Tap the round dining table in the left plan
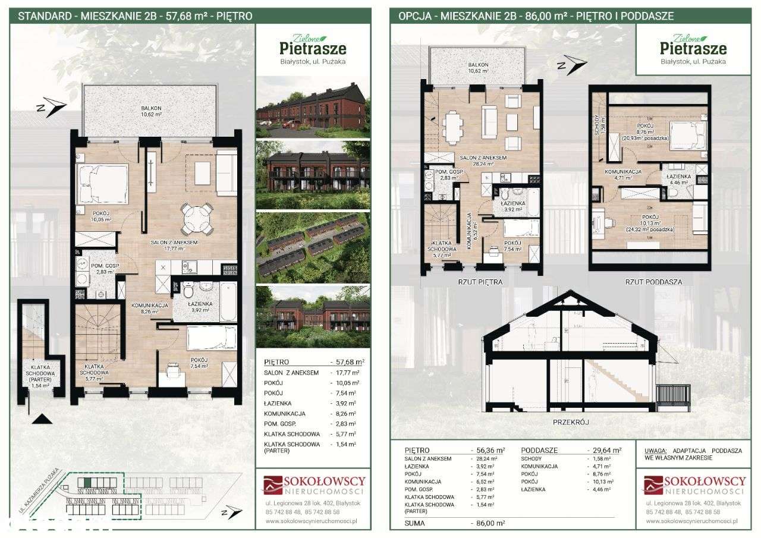tap(197, 218)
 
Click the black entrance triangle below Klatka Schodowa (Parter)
tap(40, 419)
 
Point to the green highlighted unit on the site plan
tap(87, 482)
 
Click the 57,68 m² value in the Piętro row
tap(347, 361)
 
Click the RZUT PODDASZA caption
tap(653, 282)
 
